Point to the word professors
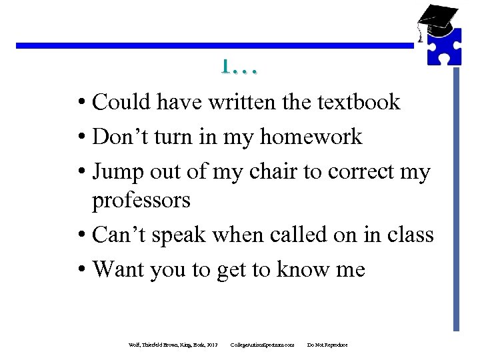pos(141,200)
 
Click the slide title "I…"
pos(240,67)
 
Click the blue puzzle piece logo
pos(443,45)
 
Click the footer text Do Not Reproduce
pos(327,345)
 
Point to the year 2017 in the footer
pos(213,345)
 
